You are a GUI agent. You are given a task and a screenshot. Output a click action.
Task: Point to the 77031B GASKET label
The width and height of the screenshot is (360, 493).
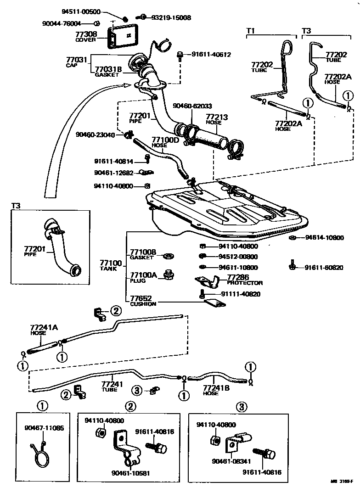click(x=108, y=72)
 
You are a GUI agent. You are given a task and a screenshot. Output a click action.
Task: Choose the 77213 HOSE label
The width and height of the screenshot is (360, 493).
click(x=217, y=120)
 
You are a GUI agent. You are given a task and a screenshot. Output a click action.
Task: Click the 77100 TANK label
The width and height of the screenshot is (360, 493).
click(x=111, y=265)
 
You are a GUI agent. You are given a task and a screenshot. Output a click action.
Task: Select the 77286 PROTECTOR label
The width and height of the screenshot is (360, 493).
click(x=244, y=280)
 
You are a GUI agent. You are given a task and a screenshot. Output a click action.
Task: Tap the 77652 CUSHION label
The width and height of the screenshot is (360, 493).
click(x=143, y=301)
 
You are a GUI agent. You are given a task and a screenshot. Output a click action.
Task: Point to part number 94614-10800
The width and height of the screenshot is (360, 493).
click(x=324, y=238)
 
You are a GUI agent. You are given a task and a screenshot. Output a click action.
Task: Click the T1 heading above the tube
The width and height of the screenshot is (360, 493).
click(x=250, y=30)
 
